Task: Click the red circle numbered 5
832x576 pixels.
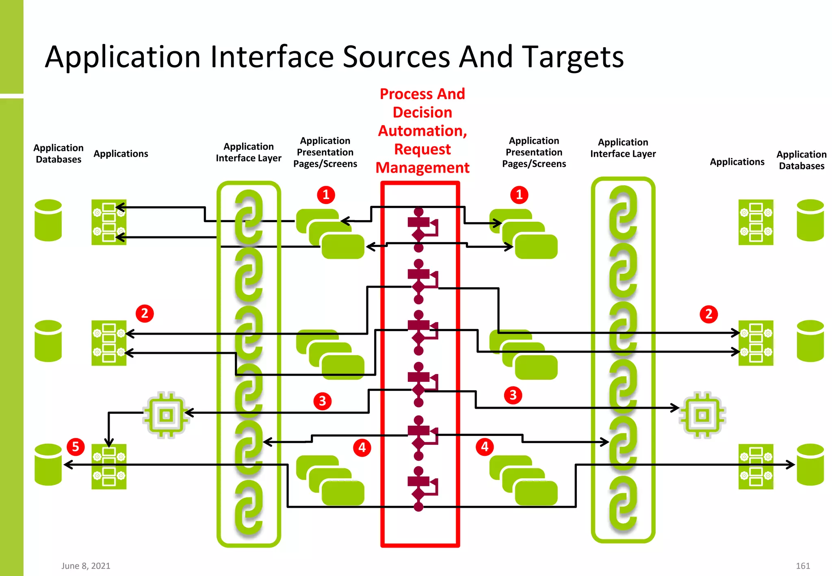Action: tap(76, 447)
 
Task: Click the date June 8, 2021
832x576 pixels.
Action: tap(86, 566)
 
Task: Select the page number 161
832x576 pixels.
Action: tap(803, 566)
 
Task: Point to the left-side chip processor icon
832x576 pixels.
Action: tap(166, 415)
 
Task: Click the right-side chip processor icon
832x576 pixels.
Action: tap(702, 415)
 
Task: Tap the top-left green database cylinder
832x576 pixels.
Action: tap(48, 220)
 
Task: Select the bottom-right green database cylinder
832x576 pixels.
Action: tap(810, 465)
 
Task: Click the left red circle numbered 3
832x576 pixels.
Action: tap(323, 401)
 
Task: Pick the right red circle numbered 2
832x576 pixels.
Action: tap(709, 314)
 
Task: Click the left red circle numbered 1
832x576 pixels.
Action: tap(326, 195)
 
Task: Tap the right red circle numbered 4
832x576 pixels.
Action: tap(485, 447)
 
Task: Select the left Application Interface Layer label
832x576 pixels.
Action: tap(249, 152)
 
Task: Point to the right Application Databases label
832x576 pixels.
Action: tap(801, 160)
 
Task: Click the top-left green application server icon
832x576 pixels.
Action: tap(109, 222)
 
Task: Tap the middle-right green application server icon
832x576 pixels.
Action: tap(756, 343)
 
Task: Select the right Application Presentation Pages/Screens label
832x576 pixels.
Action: tap(534, 152)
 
